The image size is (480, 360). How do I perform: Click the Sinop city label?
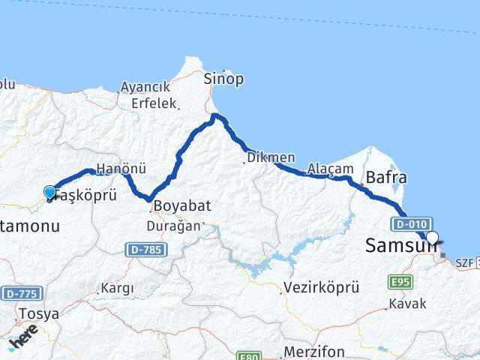(x=223, y=79)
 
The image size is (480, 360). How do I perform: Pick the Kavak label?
(x=407, y=304)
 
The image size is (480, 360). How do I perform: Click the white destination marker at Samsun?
(x=432, y=238)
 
